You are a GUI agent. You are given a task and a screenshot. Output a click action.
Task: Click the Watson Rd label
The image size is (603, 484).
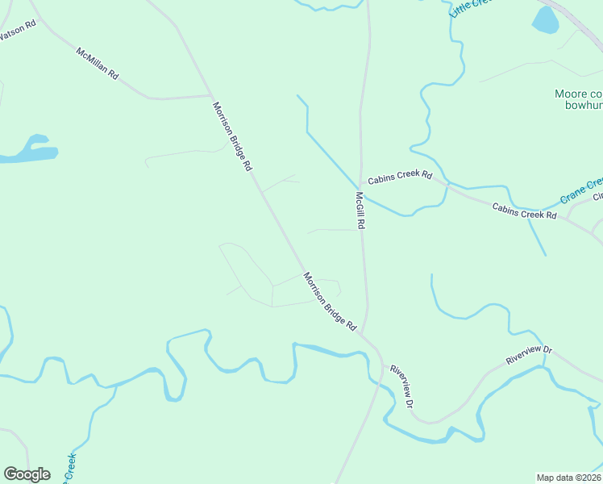(x=19, y=31)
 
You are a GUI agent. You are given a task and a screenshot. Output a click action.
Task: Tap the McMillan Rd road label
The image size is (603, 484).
(x=98, y=63)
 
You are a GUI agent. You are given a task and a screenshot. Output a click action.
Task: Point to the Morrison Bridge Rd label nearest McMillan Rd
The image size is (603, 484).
(x=233, y=136)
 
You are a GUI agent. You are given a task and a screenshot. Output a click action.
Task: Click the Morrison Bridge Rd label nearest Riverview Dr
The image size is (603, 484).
(x=330, y=302)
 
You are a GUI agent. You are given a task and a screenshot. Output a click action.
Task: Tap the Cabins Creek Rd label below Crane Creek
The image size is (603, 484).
(x=524, y=211)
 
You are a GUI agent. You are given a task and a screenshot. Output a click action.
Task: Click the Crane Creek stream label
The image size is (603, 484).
(x=582, y=191)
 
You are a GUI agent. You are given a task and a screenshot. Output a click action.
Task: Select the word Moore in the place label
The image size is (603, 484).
(x=571, y=94)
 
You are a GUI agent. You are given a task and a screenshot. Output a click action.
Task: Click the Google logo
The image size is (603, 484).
(x=27, y=474)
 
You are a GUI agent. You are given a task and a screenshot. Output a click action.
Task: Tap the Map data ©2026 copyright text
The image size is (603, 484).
(x=569, y=477)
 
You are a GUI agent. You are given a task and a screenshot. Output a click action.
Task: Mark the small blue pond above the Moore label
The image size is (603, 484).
(x=545, y=20)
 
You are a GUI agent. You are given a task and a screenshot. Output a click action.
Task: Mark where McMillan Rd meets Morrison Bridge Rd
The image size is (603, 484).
(x=211, y=95)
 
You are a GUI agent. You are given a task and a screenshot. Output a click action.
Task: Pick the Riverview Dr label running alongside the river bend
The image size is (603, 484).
(x=401, y=385)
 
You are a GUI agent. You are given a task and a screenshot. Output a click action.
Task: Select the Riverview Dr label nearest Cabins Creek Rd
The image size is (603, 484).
(x=529, y=355)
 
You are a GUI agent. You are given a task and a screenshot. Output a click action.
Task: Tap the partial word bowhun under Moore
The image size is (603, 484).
(x=579, y=106)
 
